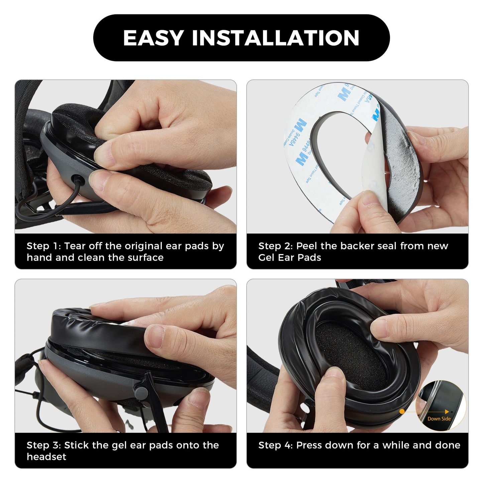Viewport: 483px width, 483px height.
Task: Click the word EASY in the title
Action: pyautogui.click(x=153, y=38)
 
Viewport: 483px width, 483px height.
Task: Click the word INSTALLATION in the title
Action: pyautogui.click(x=275, y=38)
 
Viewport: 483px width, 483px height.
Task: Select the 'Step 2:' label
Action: pyautogui.click(x=275, y=246)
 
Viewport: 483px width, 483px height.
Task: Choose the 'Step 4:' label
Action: pyautogui.click(x=275, y=445)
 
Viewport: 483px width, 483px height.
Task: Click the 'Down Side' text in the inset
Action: pyautogui.click(x=439, y=419)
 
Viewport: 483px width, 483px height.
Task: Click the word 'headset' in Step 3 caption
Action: pyautogui.click(x=46, y=457)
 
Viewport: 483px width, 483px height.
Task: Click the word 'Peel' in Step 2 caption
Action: pyautogui.click(x=307, y=246)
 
